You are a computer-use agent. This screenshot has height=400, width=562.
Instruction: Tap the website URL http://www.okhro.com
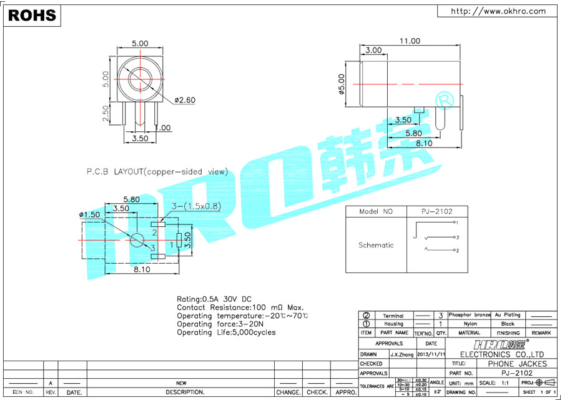pos(498,11)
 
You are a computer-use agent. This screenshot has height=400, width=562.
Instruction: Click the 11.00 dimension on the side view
pos(410,41)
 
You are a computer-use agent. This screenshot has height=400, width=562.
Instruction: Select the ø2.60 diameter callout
pos(185,100)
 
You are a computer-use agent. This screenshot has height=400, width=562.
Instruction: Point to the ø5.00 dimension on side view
pos(342,84)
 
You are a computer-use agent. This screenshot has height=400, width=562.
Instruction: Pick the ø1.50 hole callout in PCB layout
pos(89,214)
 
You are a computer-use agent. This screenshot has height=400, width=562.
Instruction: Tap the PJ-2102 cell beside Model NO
pos(436,212)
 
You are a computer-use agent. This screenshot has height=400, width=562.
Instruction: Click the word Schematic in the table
pos(376,245)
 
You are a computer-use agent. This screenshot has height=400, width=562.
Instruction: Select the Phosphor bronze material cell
pos(470,315)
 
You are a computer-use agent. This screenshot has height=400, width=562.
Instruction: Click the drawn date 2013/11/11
pos(431,354)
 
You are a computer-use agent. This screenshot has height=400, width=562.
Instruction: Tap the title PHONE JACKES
pos(516,363)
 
